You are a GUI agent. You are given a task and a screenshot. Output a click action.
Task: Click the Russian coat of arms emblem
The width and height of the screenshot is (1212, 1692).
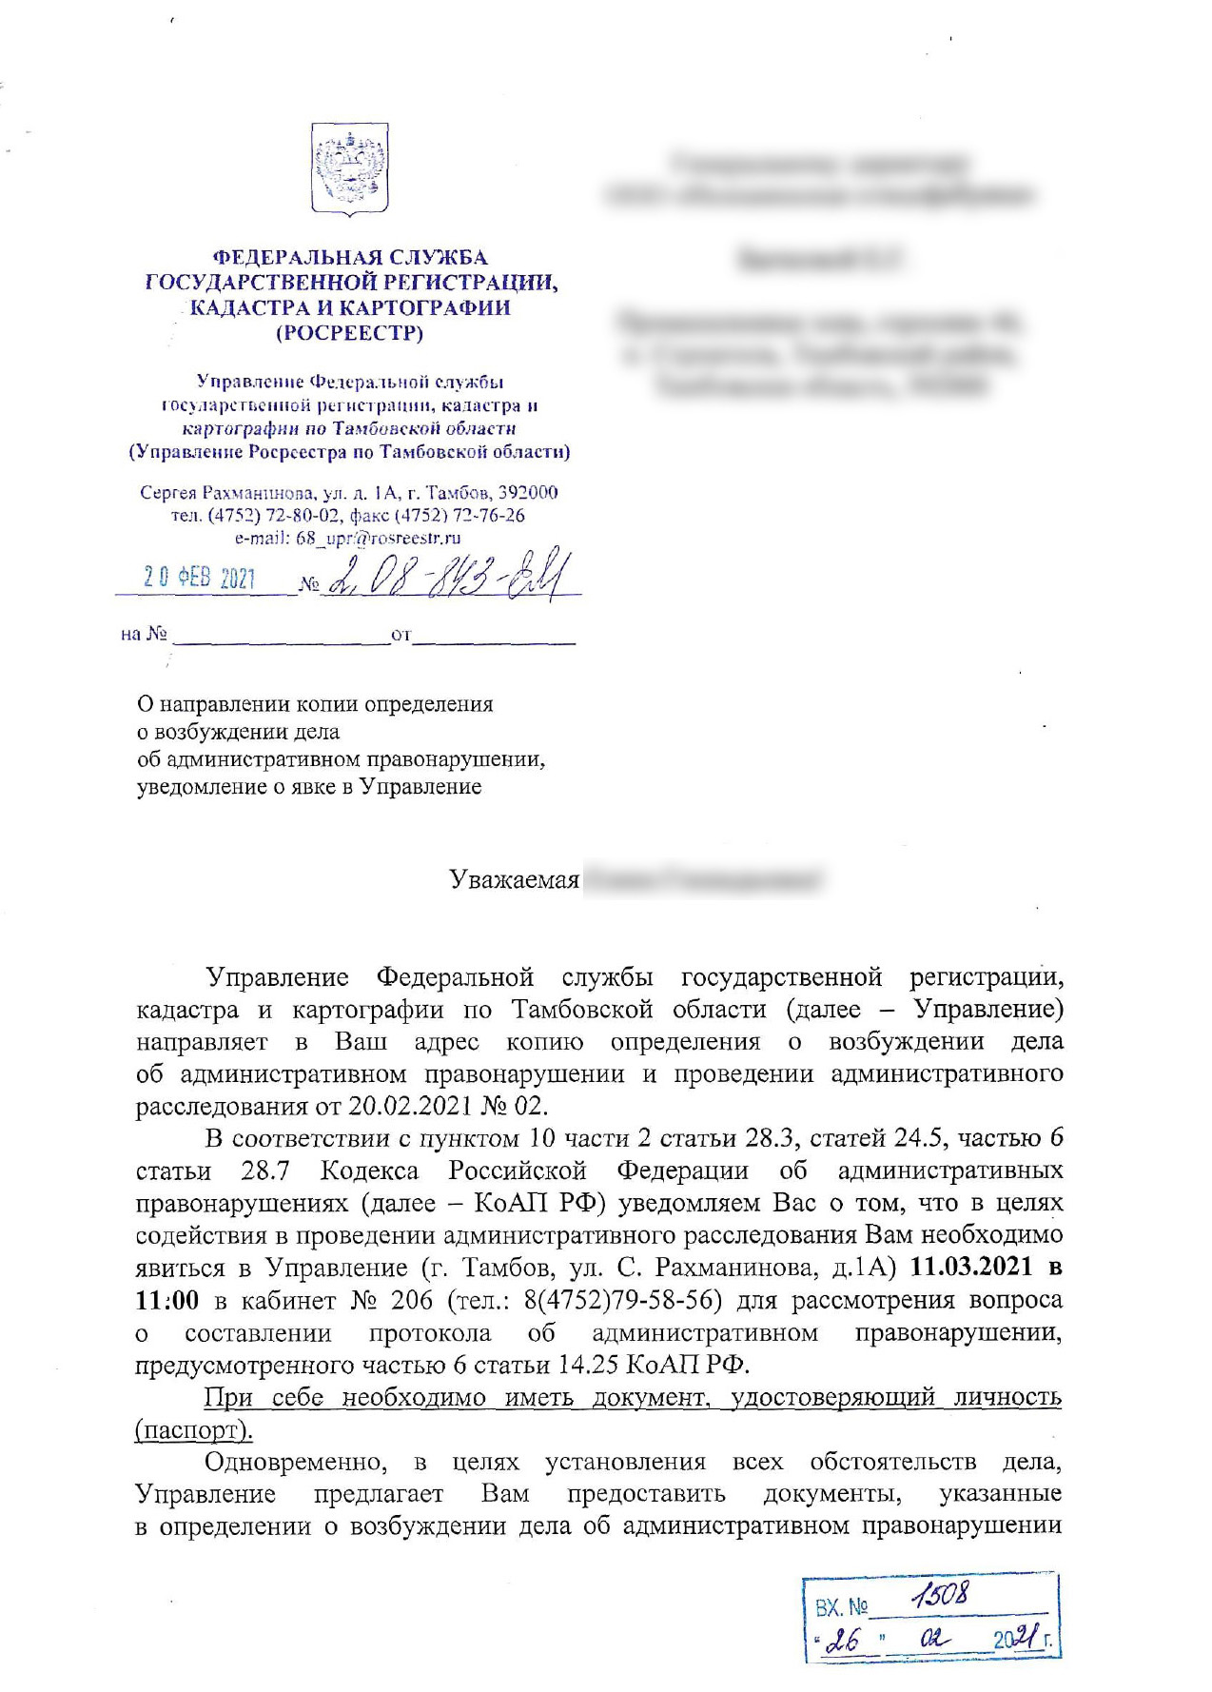click(350, 170)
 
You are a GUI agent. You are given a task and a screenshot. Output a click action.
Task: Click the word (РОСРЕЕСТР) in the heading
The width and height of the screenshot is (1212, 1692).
click(349, 333)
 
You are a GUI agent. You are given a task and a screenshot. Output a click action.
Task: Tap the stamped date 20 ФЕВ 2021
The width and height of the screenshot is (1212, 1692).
click(200, 578)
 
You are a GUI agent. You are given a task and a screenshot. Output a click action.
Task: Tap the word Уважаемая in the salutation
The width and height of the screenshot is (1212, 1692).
click(515, 879)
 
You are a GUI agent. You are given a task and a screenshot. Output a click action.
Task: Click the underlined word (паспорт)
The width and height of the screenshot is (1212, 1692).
click(195, 1429)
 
